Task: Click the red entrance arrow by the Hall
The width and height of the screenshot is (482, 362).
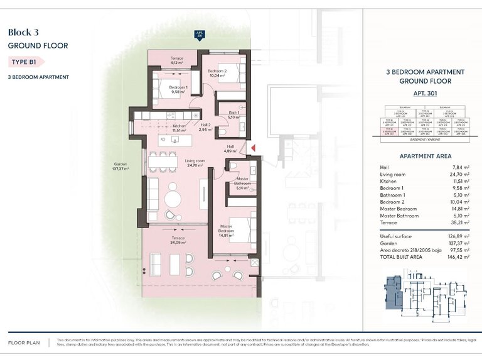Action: point(254,148)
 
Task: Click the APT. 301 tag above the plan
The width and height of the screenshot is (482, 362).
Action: point(200,35)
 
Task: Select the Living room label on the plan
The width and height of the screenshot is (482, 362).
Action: point(195,163)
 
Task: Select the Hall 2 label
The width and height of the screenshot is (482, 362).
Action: point(205,127)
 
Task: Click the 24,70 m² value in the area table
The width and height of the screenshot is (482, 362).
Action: point(460,173)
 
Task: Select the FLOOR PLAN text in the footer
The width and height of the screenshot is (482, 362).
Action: point(24,343)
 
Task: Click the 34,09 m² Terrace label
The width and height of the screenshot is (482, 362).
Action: point(178,240)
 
